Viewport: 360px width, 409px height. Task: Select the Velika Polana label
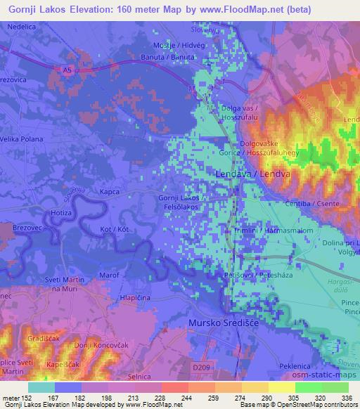(22, 138)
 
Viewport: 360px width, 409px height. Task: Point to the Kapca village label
(110, 191)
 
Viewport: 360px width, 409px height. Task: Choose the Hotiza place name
(62, 212)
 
